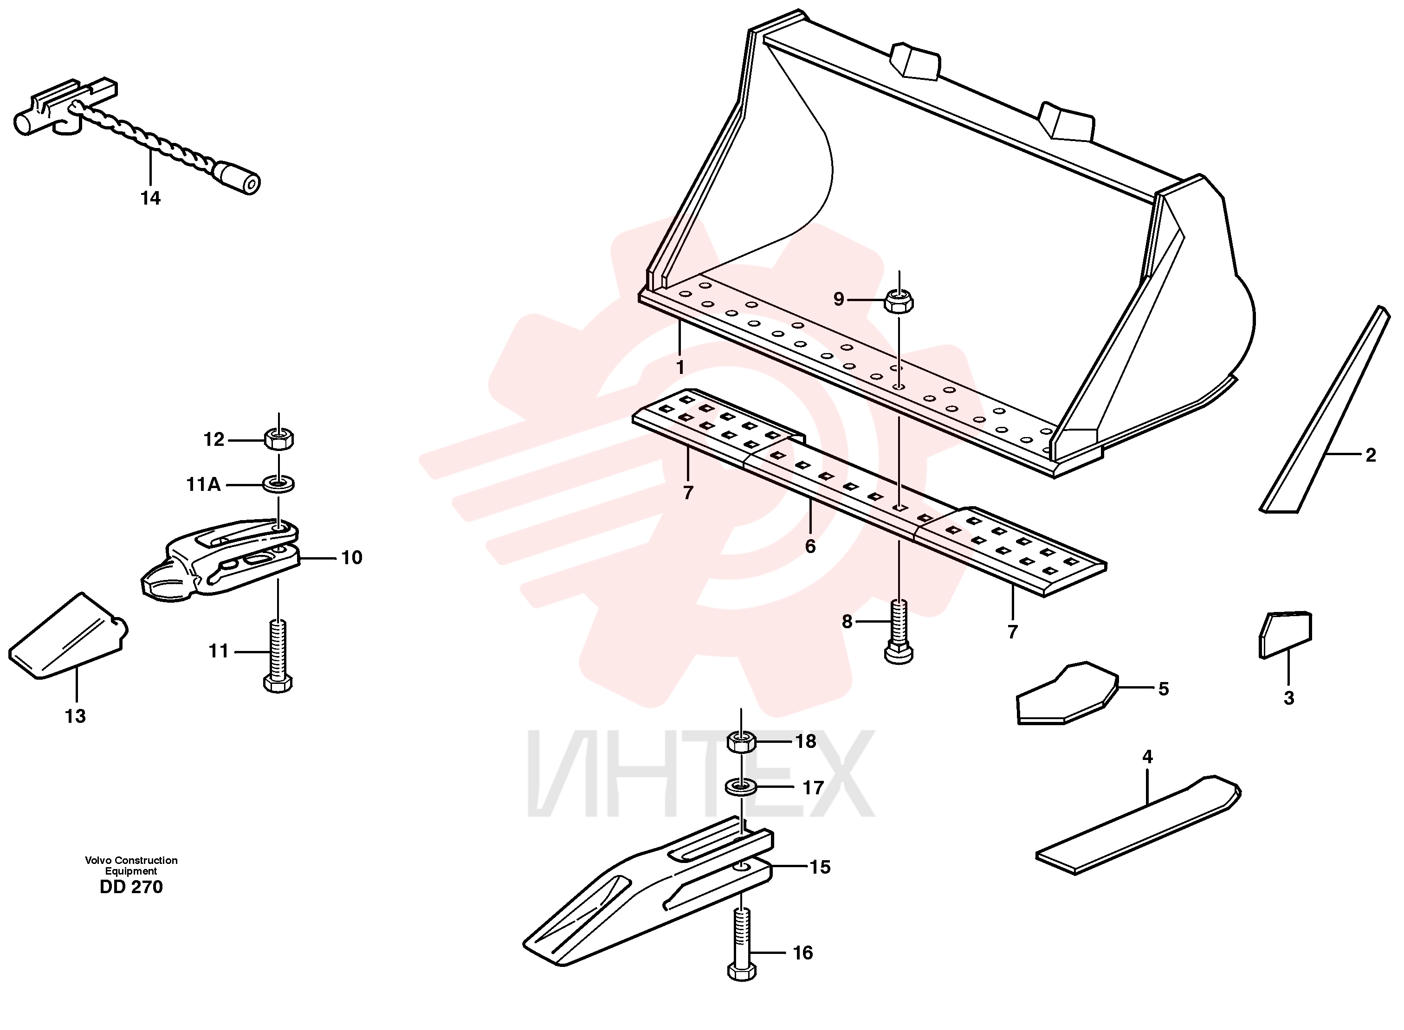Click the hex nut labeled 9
pyautogui.click(x=899, y=301)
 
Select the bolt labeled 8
pyautogui.click(x=899, y=631)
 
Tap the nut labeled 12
pyautogui.click(x=279, y=439)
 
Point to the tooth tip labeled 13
pyautogui.click(x=67, y=636)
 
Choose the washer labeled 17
pyautogui.click(x=741, y=787)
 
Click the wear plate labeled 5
pyautogui.click(x=1068, y=693)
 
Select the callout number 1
pyautogui.click(x=680, y=368)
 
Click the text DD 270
pyautogui.click(x=131, y=887)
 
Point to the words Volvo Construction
pyautogui.click(x=131, y=860)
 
